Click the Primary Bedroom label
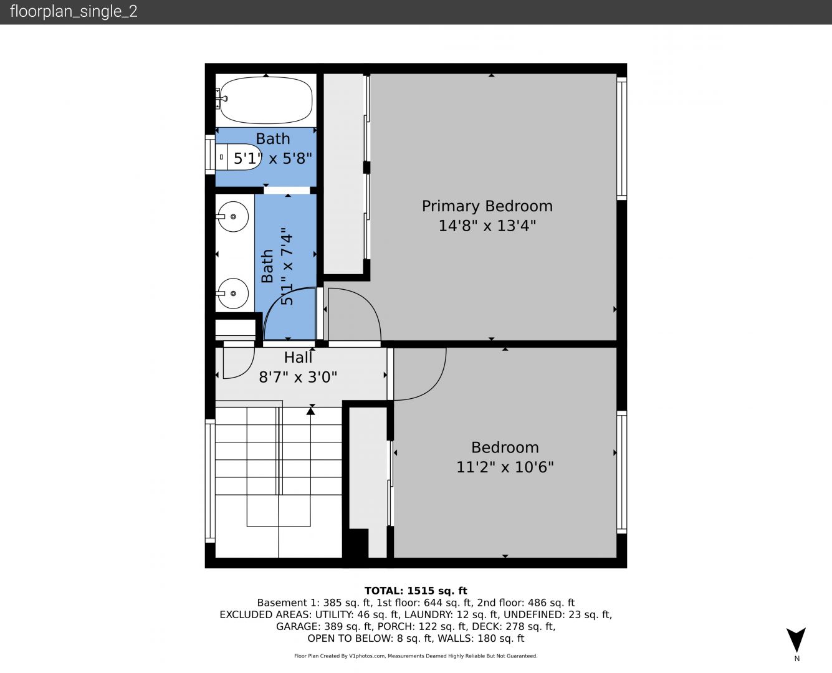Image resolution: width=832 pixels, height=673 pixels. coord(487,206)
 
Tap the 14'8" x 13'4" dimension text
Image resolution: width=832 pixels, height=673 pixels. coord(487,226)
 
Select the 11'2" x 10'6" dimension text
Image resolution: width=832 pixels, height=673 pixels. coord(505,467)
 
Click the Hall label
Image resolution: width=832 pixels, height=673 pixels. coord(298,358)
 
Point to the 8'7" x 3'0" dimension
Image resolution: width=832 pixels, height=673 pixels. coord(298,377)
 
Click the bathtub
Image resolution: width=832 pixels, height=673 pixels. coord(266,100)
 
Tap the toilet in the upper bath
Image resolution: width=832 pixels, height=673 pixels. coord(238,156)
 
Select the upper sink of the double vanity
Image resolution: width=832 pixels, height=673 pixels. coord(233,216)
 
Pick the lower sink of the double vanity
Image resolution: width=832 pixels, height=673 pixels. coord(233,294)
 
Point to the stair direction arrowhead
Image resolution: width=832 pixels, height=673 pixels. coord(311,411)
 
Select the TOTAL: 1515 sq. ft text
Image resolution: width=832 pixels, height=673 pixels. coord(416,591)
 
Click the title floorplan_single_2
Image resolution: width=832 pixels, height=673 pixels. coord(74,11)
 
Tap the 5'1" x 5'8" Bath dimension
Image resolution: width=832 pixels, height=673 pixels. coord(272,158)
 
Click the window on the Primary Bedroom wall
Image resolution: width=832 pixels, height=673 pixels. coord(622,139)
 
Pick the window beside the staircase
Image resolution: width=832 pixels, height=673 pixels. coord(210,481)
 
